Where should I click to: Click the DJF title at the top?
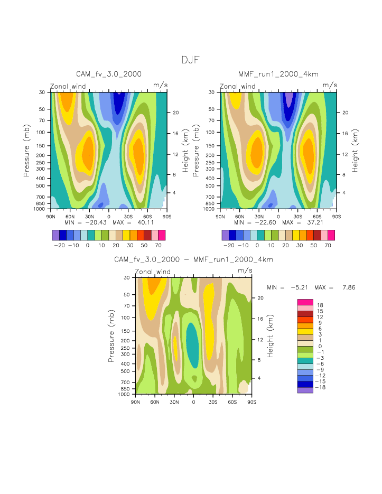coord(191,60)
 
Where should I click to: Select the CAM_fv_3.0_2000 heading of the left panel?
coord(109,74)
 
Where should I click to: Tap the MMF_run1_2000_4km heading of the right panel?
coord(278,74)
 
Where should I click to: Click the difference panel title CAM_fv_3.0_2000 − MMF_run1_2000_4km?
coord(193,260)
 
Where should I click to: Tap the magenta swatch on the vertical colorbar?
coord(305,302)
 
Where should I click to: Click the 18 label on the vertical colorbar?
coord(320,305)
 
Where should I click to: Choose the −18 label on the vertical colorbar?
coord(320,387)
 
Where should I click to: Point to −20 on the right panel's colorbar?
coord(228,246)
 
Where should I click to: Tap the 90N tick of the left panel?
coord(51,216)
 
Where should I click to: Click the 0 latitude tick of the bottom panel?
coord(193,402)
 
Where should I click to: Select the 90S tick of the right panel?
coord(336,216)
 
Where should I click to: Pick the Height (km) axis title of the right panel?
coord(355,151)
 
